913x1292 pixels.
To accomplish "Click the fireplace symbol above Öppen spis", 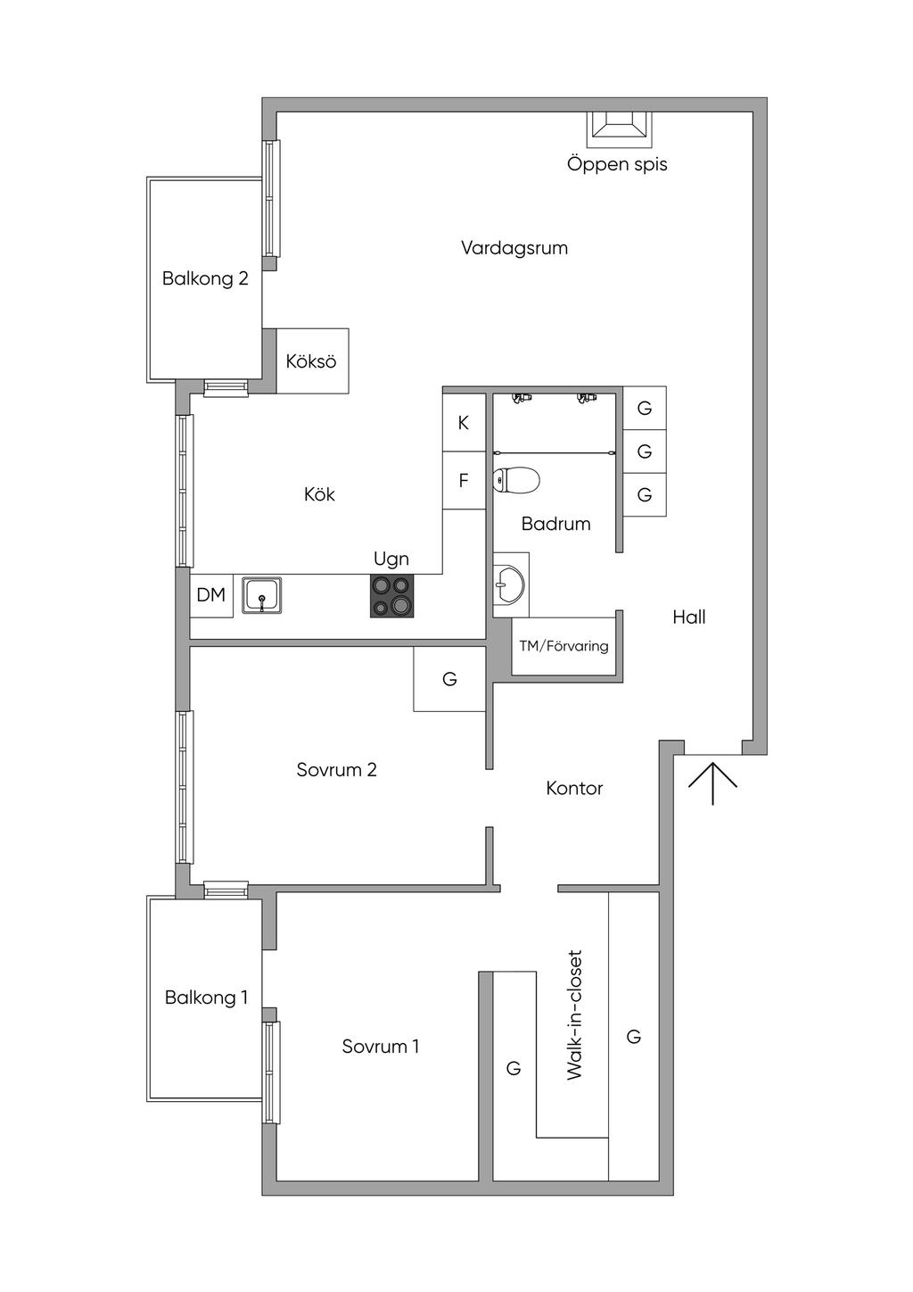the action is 619,129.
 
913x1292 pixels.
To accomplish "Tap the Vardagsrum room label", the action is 514,248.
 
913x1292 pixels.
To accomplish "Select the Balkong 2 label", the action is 205,278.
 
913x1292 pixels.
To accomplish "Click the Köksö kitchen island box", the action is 312,361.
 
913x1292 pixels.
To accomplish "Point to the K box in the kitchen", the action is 464,423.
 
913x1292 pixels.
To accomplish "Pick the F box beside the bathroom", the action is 464,480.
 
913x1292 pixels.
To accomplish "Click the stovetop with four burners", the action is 392,596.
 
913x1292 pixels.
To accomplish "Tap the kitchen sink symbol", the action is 261,594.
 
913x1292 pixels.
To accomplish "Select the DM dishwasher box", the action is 211,596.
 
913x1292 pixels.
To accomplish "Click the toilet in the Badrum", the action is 516,479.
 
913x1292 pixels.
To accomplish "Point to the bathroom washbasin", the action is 509,584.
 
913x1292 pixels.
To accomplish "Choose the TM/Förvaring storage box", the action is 563,645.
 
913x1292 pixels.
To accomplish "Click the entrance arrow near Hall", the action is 713,783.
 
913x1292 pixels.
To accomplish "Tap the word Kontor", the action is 574,788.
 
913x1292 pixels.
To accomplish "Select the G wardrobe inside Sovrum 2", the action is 449,678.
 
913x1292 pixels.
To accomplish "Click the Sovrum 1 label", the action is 381,1047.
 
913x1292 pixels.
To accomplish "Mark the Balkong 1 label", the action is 206,998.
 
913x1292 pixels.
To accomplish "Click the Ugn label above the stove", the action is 391,559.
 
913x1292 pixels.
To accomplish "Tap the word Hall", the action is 689,617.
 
